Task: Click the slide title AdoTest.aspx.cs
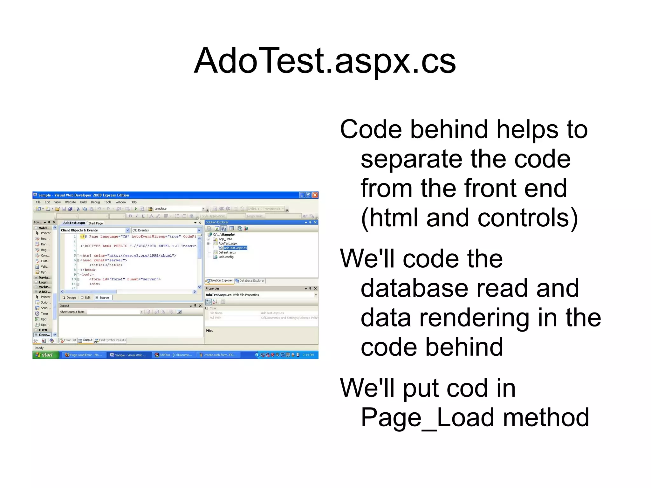pos(325,61)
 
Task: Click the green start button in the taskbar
pos(45,355)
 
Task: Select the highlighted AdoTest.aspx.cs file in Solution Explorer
pos(235,248)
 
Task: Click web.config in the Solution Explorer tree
pos(226,257)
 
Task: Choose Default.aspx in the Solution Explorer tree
pos(227,252)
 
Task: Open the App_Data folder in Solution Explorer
pos(225,239)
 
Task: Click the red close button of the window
pos(315,195)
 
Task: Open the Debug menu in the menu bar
pos(95,202)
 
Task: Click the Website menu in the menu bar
pos(70,202)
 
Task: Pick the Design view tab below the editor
pos(70,298)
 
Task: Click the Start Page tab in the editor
pos(95,223)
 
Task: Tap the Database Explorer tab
pos(251,281)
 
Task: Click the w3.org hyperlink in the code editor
pos(140,256)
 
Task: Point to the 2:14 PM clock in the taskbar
pos(308,355)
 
